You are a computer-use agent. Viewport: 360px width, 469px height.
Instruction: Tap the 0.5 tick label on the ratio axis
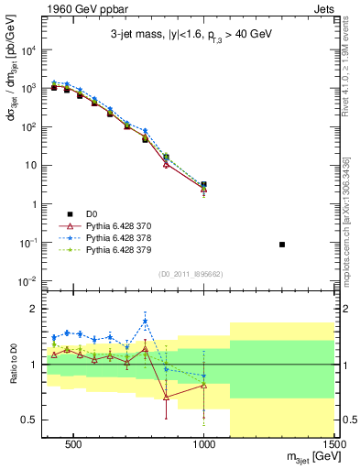point(29,420)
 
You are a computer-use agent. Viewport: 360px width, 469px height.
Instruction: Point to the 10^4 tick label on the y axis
point(27,50)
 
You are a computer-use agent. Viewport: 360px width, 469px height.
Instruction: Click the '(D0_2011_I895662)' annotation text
point(190,273)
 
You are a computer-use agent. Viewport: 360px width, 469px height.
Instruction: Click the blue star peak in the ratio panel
point(146,322)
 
